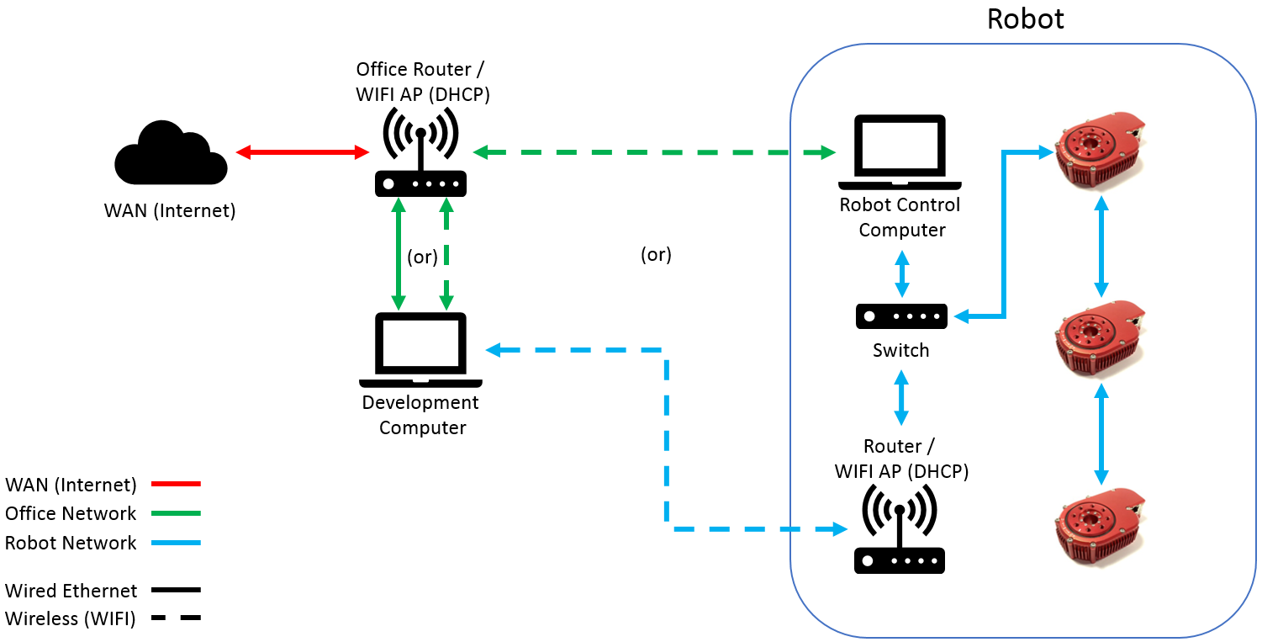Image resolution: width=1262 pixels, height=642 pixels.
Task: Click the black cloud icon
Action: [x=171, y=153]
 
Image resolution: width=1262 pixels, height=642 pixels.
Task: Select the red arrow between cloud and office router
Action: [x=303, y=152]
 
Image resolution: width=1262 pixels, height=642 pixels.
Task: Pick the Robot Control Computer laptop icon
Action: [x=900, y=151]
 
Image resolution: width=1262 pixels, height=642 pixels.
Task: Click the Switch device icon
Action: [x=901, y=316]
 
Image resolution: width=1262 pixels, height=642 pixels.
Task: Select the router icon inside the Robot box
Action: [x=900, y=530]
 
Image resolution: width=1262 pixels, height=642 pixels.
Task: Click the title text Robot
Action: [x=1025, y=19]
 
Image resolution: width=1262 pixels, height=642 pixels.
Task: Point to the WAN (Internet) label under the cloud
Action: [x=170, y=210]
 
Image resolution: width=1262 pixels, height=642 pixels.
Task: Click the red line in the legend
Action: [x=176, y=484]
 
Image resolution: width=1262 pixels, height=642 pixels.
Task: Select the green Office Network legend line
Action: [x=176, y=513]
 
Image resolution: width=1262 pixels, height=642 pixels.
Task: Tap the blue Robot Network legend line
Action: [x=176, y=543]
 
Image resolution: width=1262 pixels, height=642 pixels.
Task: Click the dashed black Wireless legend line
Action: [x=176, y=618]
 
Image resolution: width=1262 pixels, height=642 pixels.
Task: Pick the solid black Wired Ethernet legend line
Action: [x=176, y=590]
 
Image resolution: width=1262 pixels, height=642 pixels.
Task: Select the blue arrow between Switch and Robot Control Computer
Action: [x=901, y=268]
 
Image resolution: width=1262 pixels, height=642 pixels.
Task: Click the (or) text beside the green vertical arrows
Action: [x=422, y=257]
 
